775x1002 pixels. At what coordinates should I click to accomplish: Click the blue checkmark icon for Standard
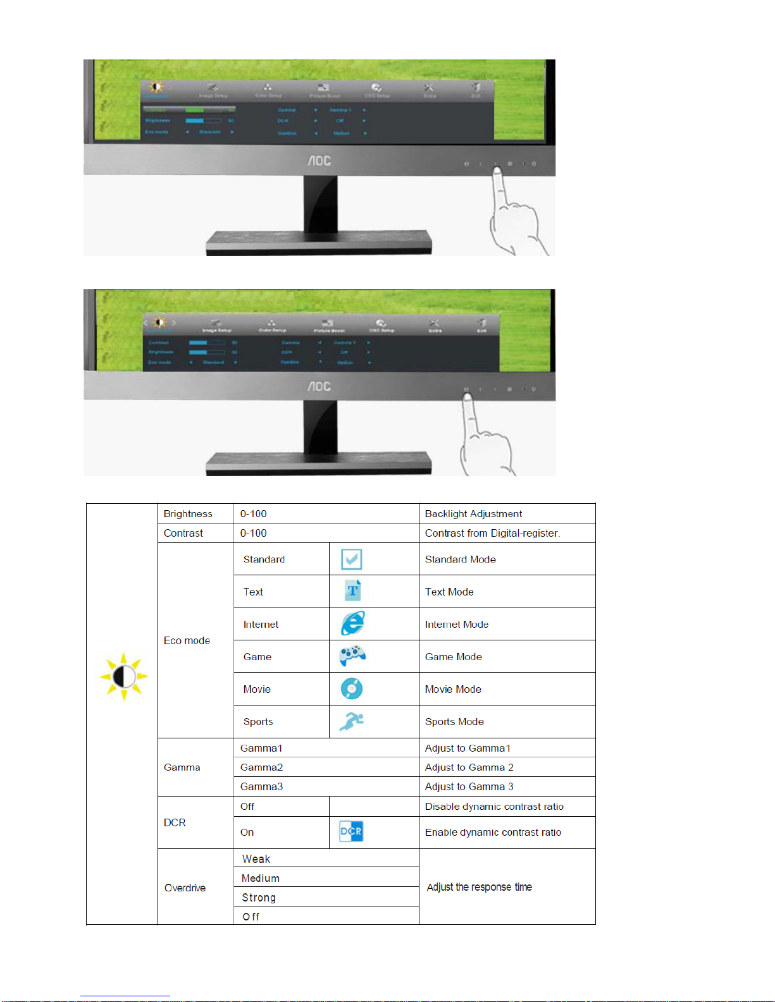pyautogui.click(x=351, y=559)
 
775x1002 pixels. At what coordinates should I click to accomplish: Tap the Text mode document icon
pyautogui.click(x=352, y=591)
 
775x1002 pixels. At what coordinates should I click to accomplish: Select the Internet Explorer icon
pyautogui.click(x=352, y=623)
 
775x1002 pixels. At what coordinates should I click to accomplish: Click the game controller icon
pyautogui.click(x=352, y=656)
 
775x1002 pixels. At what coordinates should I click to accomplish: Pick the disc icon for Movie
pyautogui.click(x=352, y=688)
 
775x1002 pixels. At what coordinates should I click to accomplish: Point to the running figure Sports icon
pyautogui.click(x=351, y=721)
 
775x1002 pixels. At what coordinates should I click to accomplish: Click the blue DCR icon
pyautogui.click(x=351, y=831)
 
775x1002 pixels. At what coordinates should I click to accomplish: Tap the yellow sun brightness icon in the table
pyautogui.click(x=123, y=676)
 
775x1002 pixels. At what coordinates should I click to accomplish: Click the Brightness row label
pyautogui.click(x=188, y=514)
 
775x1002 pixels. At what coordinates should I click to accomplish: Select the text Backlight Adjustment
pyautogui.click(x=473, y=514)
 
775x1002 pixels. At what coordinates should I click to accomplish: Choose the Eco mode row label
pyautogui.click(x=187, y=640)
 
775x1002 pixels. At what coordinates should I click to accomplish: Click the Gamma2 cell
pyautogui.click(x=261, y=767)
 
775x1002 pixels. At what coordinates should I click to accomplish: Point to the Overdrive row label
pyautogui.click(x=185, y=888)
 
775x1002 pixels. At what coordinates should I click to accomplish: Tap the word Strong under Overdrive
pyautogui.click(x=259, y=898)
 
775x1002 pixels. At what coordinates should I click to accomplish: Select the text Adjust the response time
pyautogui.click(x=479, y=887)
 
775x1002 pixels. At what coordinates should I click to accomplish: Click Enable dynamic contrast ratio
pyautogui.click(x=493, y=832)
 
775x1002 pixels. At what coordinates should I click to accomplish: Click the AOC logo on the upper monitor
pyautogui.click(x=319, y=161)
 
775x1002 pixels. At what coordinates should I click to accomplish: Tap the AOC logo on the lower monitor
pyautogui.click(x=319, y=386)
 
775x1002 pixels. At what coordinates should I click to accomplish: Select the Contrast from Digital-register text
pyautogui.click(x=492, y=533)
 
